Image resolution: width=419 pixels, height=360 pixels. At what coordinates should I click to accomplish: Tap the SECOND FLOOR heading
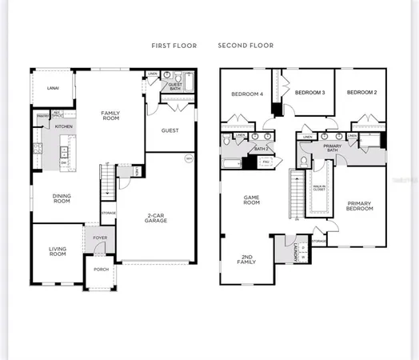coord(245,46)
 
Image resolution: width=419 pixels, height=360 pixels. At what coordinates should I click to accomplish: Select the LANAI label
coord(53,88)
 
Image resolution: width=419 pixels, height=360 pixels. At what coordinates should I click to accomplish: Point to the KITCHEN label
coord(64,126)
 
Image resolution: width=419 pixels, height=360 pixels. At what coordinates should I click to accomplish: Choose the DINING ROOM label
coord(62,198)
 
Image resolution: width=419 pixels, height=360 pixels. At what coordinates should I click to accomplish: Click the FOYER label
coord(101,238)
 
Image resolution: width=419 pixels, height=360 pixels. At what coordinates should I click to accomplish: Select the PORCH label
coord(102,269)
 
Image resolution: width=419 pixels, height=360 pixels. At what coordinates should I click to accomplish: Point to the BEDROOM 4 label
coord(247,94)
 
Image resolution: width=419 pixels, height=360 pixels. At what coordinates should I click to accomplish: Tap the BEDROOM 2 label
coord(361,93)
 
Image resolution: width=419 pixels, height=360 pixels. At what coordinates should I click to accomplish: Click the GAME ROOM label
coord(252,201)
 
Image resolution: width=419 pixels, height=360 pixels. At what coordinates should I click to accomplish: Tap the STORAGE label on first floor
coord(108,213)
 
